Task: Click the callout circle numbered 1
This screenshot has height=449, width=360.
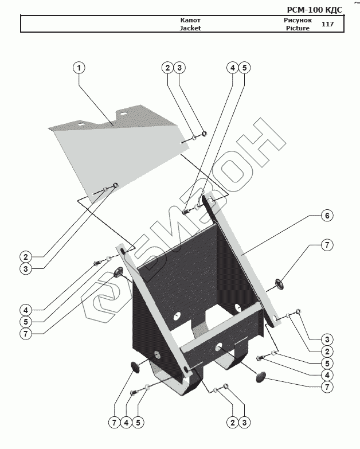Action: (x=79, y=67)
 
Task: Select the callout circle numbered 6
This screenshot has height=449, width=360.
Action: (x=326, y=216)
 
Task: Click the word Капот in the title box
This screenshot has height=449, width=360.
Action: (x=190, y=19)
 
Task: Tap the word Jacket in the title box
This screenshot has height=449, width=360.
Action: (x=190, y=28)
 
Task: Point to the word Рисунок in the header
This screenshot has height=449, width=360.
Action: (x=297, y=19)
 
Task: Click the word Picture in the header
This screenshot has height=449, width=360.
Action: (x=297, y=28)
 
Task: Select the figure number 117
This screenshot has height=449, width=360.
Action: (x=328, y=24)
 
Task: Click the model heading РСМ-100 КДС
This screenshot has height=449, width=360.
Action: (x=314, y=10)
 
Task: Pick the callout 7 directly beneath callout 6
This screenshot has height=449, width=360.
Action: (x=326, y=245)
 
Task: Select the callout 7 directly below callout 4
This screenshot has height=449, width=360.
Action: (x=326, y=387)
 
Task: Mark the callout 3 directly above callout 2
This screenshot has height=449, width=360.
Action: (x=326, y=338)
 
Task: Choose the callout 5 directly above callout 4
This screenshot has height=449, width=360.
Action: (x=326, y=363)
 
